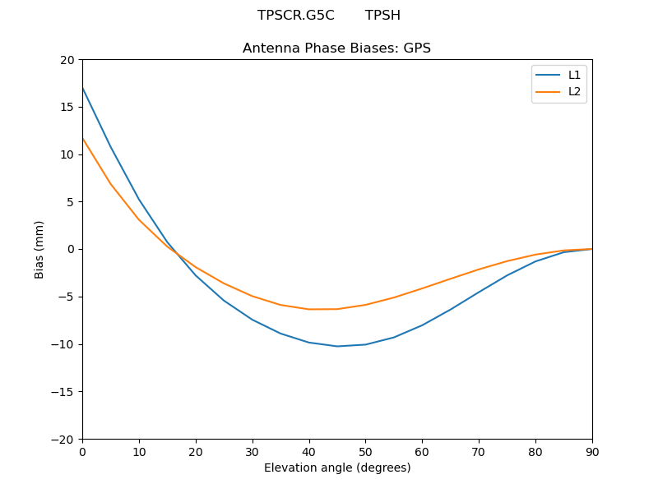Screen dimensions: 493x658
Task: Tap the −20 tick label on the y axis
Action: coord(63,439)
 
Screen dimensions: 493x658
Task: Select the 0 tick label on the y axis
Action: coord(71,249)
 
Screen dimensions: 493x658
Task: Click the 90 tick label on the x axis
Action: coord(592,452)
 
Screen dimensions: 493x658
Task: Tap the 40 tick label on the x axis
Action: coord(308,452)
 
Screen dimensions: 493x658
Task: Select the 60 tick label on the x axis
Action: coord(422,452)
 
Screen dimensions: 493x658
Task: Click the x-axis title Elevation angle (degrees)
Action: coord(337,468)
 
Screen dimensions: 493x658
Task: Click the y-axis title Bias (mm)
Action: coord(39,249)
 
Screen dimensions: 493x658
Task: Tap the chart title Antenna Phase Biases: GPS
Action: coord(336,48)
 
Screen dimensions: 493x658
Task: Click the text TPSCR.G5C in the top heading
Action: coord(295,16)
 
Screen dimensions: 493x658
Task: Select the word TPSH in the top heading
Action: coord(382,16)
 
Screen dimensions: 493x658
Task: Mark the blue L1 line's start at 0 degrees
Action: coord(82,87)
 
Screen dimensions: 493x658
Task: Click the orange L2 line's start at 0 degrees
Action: coord(82,138)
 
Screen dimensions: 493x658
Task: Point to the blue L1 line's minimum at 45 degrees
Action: coord(337,346)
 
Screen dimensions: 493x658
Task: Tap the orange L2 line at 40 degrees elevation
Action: coord(309,309)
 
